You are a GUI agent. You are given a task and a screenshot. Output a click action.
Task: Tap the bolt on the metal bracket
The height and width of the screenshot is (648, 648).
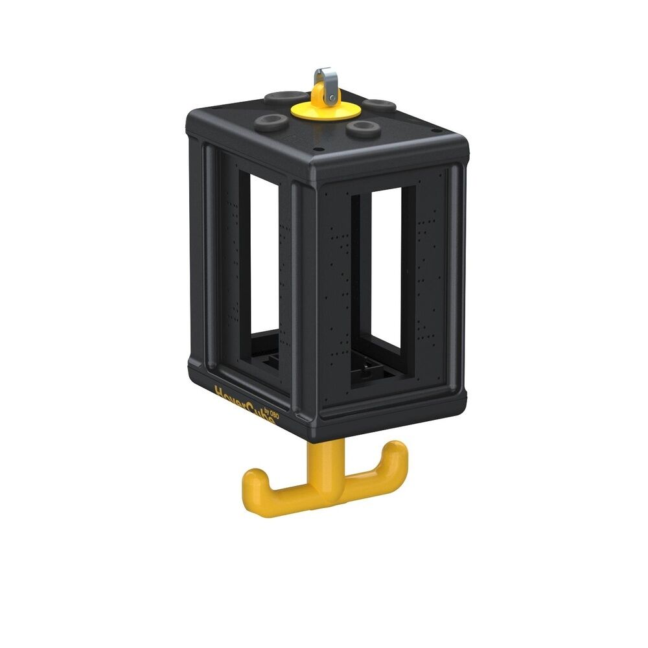(x=332, y=98)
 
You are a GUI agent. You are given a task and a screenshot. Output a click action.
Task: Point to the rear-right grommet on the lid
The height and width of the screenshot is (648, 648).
(x=379, y=104)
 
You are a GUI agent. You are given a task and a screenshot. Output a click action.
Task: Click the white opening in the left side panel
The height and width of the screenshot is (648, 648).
(x=264, y=253)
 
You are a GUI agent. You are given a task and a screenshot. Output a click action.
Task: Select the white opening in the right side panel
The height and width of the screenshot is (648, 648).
(x=386, y=266)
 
